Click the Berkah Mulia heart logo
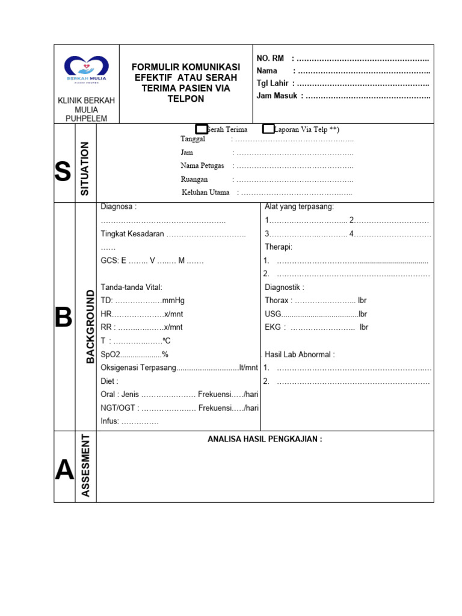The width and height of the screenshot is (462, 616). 87,66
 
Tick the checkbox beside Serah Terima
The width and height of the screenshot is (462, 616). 201,129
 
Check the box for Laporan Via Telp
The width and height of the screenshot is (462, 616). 268,129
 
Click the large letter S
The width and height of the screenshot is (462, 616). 63,173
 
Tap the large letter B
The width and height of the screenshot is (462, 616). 63,318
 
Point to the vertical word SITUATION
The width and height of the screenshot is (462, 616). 85,168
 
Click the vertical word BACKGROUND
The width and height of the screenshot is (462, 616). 90,326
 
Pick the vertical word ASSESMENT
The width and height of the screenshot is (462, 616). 85,466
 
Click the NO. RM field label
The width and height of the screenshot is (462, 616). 270,58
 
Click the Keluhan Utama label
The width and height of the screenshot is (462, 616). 205,192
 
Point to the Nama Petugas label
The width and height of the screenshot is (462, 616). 202,165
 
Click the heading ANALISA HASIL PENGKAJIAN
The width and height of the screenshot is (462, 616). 265,439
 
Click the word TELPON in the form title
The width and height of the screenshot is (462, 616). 186,99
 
